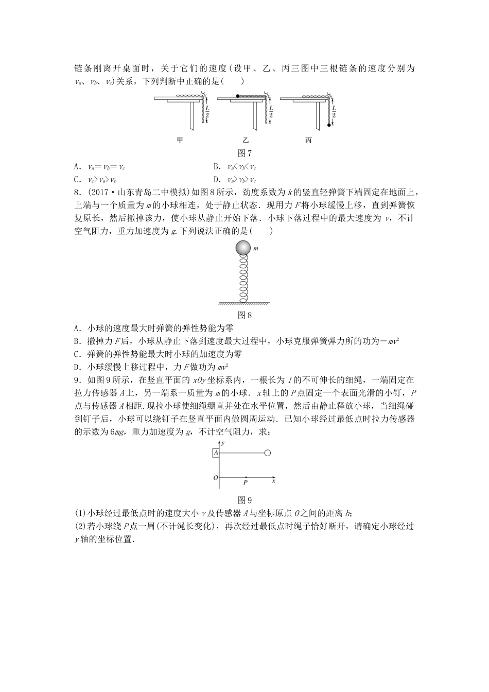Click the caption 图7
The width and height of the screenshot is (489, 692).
244,153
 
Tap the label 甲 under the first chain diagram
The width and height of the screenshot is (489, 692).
180,140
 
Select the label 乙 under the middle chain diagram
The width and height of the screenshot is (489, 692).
246,140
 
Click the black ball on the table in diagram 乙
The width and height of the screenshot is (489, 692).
237,96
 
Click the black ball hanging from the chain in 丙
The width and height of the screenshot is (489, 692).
328,125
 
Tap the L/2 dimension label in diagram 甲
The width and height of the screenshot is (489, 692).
207,112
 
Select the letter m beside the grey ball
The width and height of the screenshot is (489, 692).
256,249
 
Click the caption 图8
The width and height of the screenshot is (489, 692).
244,315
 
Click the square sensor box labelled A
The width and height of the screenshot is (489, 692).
216,453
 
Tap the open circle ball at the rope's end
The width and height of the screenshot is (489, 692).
267,453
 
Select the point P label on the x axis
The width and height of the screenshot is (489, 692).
246,483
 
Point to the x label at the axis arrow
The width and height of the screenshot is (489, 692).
274,481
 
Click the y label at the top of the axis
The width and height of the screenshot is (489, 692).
223,442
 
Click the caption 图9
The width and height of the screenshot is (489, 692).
244,499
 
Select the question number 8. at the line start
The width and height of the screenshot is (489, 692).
78,193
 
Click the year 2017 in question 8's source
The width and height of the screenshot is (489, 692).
97,193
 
